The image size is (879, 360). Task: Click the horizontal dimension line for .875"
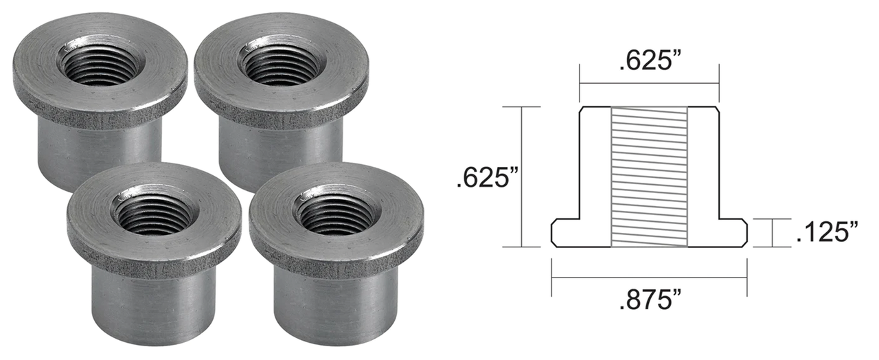(x=649, y=278)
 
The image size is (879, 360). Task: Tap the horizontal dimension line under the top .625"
(x=649, y=83)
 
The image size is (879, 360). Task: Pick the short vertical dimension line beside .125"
(x=772, y=233)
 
